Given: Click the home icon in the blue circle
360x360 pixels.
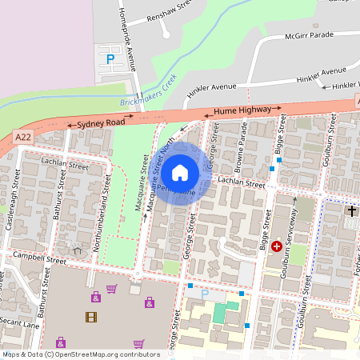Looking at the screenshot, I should (180, 172).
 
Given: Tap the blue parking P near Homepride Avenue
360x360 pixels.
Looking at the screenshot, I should (110, 58).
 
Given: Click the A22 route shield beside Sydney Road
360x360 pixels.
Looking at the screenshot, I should (25, 138).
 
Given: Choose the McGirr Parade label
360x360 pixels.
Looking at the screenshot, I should (310, 34).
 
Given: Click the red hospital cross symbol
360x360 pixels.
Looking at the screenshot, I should (277, 247).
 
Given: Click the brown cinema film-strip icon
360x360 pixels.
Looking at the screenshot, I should (90, 316).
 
